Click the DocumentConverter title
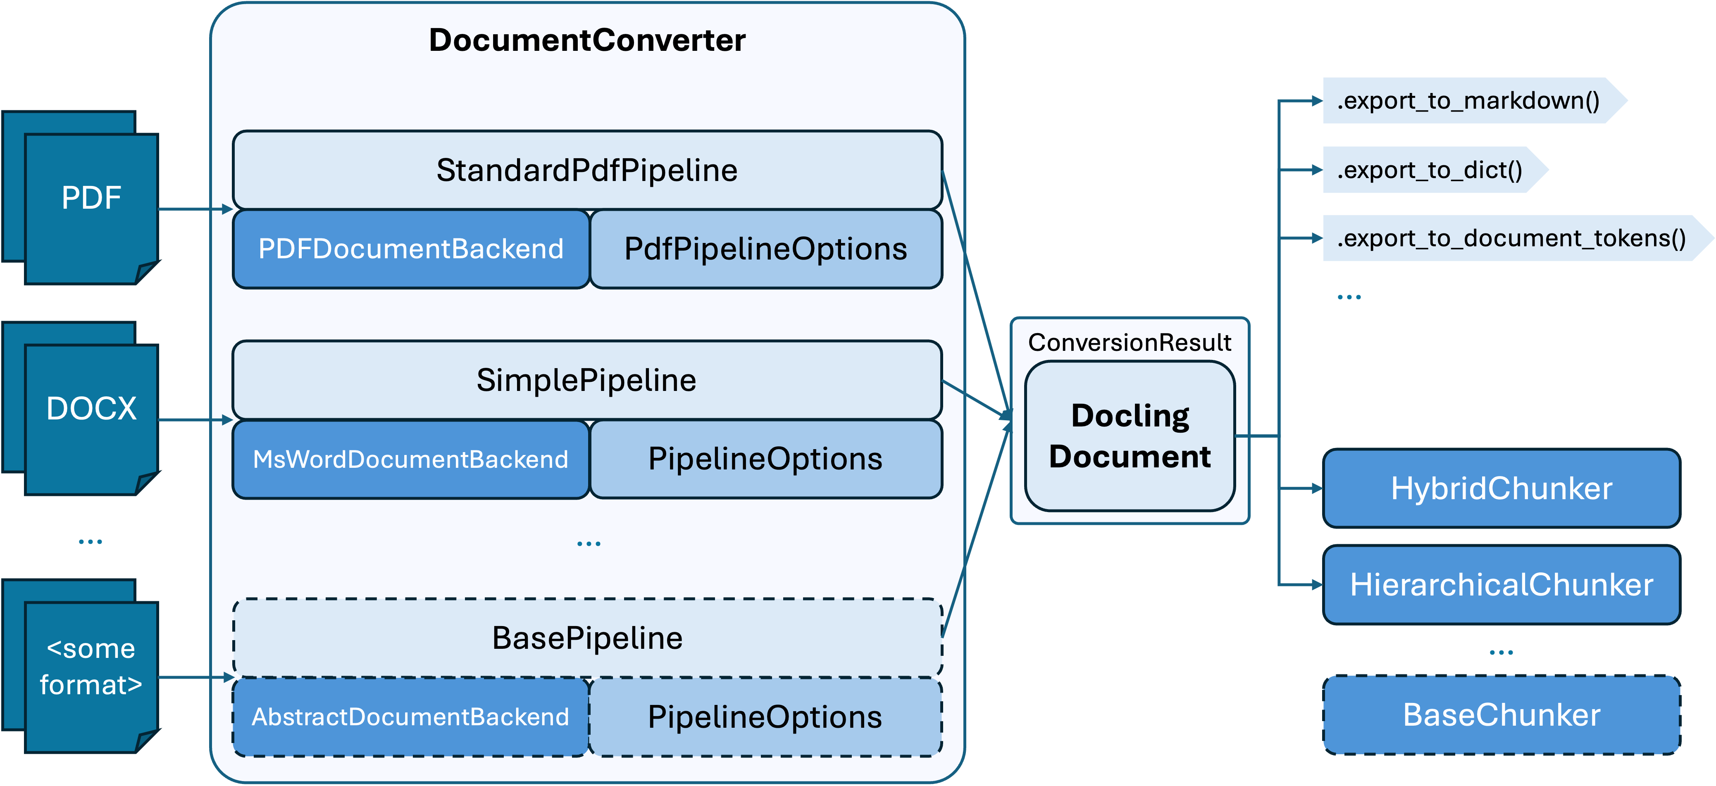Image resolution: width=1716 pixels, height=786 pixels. click(x=587, y=40)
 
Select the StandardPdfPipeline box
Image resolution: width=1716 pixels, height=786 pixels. click(x=587, y=170)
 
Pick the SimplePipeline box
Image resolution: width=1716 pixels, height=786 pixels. click(x=587, y=380)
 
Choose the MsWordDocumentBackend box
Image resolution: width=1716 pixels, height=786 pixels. click(x=411, y=460)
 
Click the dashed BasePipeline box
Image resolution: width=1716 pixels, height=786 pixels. click(x=587, y=638)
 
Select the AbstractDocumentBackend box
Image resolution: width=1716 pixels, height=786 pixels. click(x=411, y=717)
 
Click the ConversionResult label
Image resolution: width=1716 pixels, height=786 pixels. click(x=1130, y=342)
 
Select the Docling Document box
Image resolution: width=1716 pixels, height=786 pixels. click(x=1130, y=436)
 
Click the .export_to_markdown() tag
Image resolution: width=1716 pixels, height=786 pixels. click(x=1468, y=100)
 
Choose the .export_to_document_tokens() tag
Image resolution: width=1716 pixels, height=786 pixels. click(x=1511, y=238)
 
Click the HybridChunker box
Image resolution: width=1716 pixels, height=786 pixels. click(x=1501, y=488)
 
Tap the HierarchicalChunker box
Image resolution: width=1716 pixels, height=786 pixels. click(x=1501, y=585)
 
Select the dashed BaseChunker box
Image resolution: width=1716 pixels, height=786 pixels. click(x=1501, y=715)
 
